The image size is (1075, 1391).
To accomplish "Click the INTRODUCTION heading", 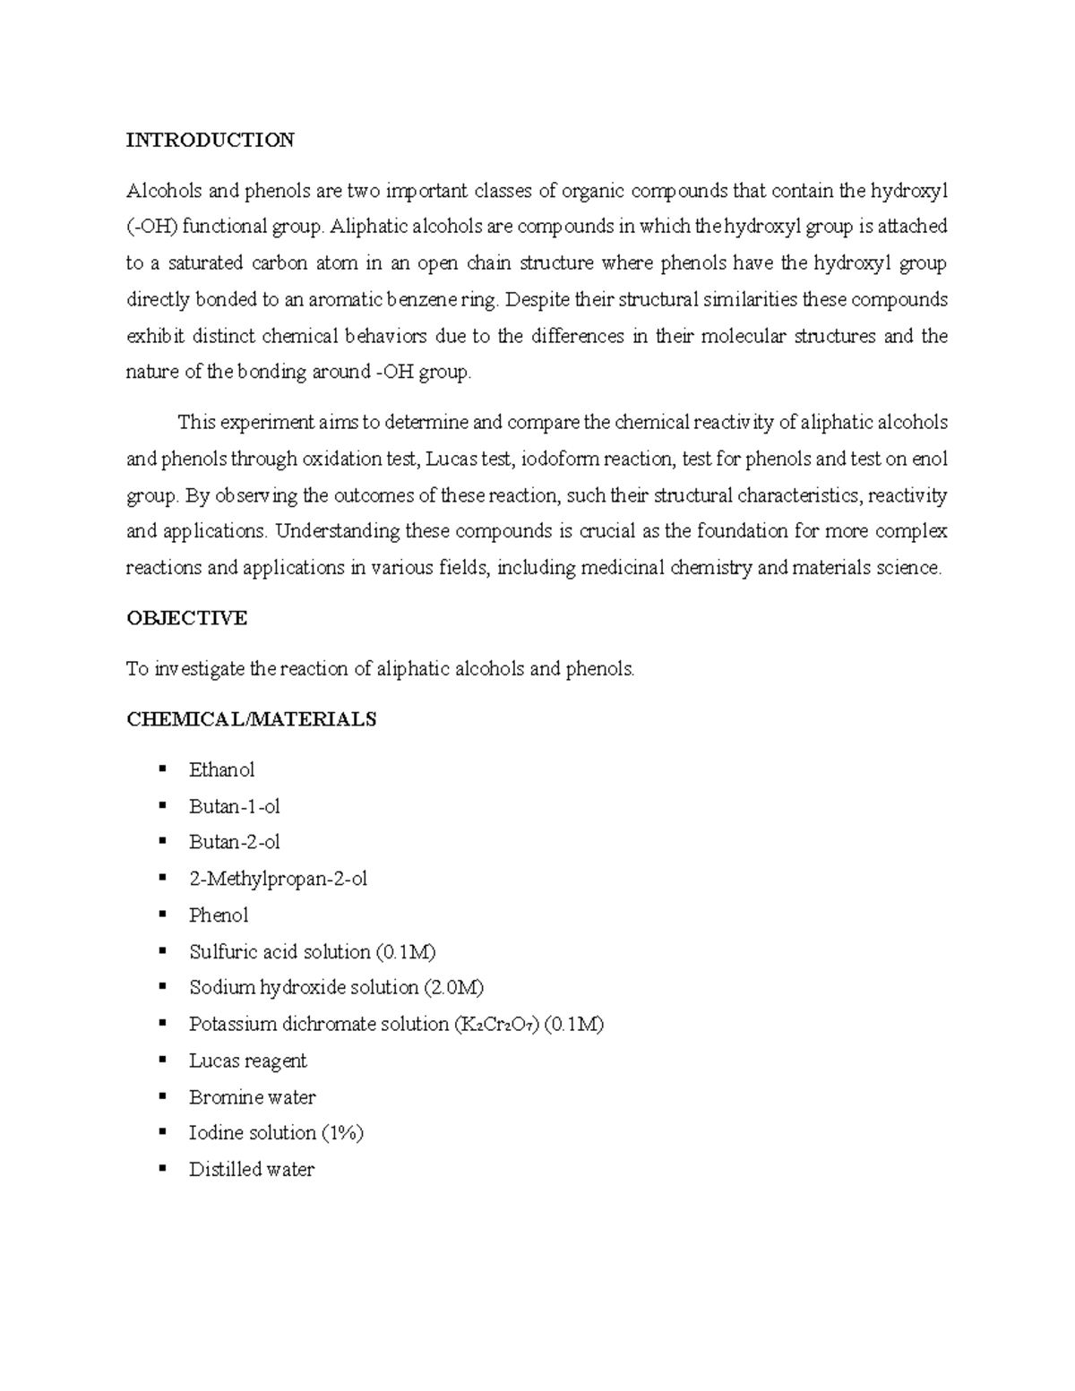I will click(x=210, y=140).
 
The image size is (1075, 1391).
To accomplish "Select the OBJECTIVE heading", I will click(x=186, y=618).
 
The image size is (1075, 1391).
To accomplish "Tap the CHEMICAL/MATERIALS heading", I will click(x=251, y=719).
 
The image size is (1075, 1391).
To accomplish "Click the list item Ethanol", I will click(x=221, y=770).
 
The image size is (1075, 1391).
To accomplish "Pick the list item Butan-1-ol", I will click(x=234, y=807).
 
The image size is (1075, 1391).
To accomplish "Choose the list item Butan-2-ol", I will click(x=234, y=843).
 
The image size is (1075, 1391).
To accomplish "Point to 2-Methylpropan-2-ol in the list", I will click(x=278, y=880).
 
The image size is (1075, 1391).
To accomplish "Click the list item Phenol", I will click(x=218, y=915).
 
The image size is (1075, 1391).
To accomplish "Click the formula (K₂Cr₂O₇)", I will click(x=496, y=1025).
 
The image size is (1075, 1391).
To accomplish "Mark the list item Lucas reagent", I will click(x=247, y=1061).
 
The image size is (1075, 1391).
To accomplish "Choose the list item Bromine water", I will click(x=252, y=1097).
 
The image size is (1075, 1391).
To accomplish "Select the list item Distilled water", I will click(x=251, y=1170).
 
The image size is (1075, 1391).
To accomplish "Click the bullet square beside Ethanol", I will click(x=162, y=768).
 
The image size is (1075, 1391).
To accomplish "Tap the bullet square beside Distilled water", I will click(x=162, y=1168).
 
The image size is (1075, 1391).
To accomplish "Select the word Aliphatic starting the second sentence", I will click(x=368, y=227).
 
